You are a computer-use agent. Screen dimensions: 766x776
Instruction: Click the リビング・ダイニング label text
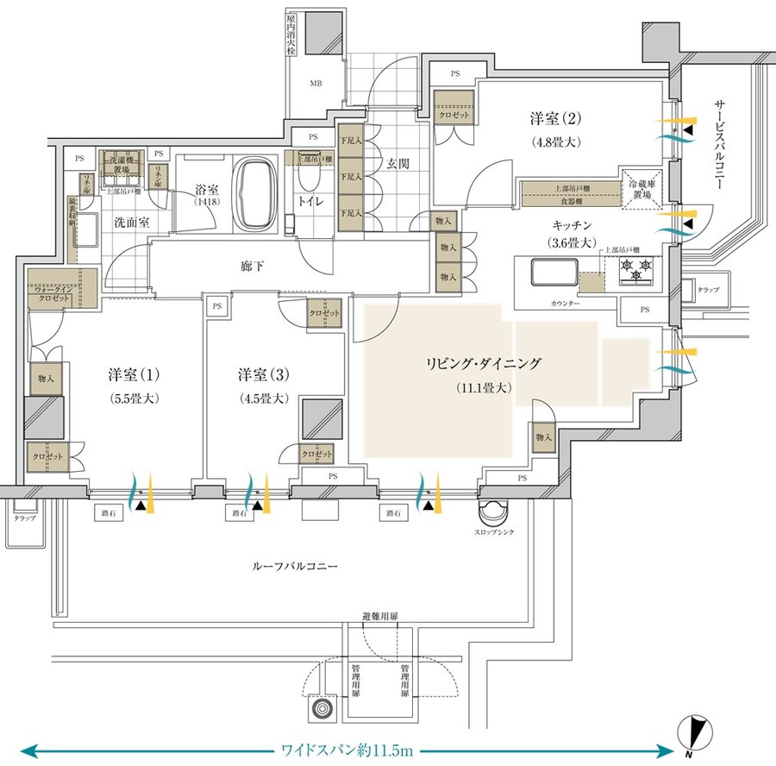483,364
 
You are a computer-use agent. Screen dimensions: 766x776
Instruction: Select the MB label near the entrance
315,85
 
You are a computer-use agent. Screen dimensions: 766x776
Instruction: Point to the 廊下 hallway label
248,267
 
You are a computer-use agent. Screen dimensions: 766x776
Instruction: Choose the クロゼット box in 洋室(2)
455,114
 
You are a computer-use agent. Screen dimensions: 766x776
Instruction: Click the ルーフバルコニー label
295,568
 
